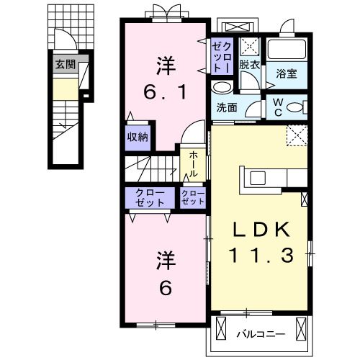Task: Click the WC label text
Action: (277, 107)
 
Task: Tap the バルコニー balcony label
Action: (260, 334)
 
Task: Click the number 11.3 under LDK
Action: (261, 254)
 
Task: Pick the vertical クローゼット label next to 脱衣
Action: (221, 55)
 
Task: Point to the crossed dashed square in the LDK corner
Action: (295, 135)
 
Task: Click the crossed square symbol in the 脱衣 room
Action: (251, 47)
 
